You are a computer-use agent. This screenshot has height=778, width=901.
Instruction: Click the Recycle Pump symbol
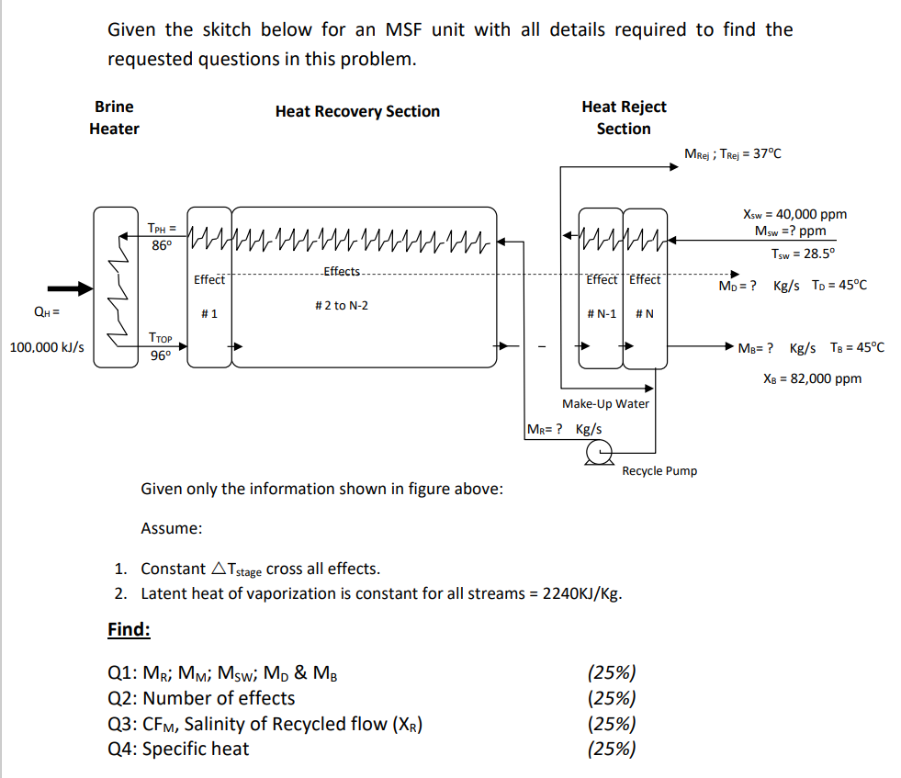click(x=600, y=450)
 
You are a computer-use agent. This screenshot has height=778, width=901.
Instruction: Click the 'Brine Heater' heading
click(x=114, y=118)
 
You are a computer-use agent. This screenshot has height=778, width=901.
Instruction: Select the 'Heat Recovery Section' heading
click(x=357, y=111)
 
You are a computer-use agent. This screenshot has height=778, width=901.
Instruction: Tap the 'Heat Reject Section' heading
click(x=624, y=118)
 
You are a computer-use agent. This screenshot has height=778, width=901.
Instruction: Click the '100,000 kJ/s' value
click(x=47, y=347)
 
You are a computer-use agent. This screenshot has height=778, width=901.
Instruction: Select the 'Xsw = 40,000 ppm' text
click(x=794, y=214)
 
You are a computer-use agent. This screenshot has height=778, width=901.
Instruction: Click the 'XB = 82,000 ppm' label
click(x=812, y=378)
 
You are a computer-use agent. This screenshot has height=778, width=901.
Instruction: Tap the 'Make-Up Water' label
click(x=605, y=403)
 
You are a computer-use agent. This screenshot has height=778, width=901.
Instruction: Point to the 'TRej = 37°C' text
click(x=753, y=153)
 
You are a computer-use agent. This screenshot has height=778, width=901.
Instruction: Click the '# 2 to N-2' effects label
click(x=341, y=305)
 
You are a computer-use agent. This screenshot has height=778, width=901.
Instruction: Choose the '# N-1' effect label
click(x=602, y=314)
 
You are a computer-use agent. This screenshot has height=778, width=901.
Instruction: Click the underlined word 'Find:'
click(x=129, y=629)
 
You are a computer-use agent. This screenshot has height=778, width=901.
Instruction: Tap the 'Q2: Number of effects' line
click(x=201, y=698)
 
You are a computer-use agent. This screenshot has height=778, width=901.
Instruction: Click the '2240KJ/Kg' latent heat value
click(x=582, y=593)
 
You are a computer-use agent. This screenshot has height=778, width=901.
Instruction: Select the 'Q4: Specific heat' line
click(x=178, y=749)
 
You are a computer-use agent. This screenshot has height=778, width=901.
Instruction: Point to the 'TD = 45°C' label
click(x=839, y=285)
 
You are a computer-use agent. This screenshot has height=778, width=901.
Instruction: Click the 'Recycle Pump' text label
click(x=659, y=471)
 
